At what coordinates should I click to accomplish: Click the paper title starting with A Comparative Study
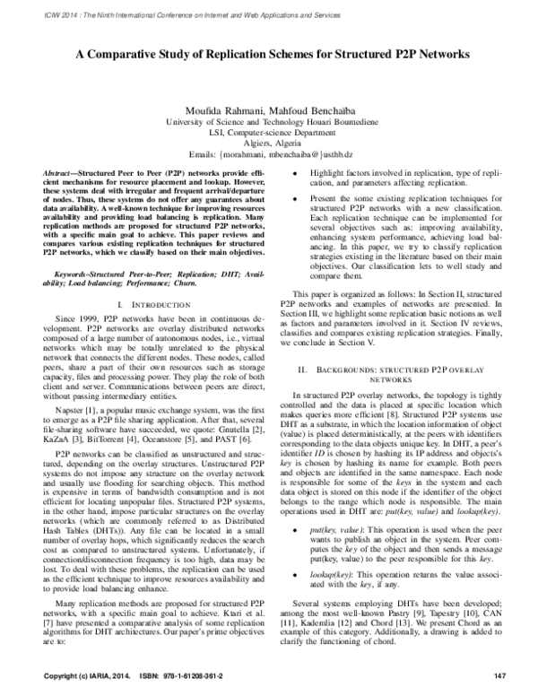pyautogui.click(x=269, y=54)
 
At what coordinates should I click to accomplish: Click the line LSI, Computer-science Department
pyautogui.click(x=269, y=130)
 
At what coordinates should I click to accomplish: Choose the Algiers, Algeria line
pyautogui.click(x=269, y=141)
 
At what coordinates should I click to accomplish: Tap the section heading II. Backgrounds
pyautogui.click(x=390, y=395)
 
